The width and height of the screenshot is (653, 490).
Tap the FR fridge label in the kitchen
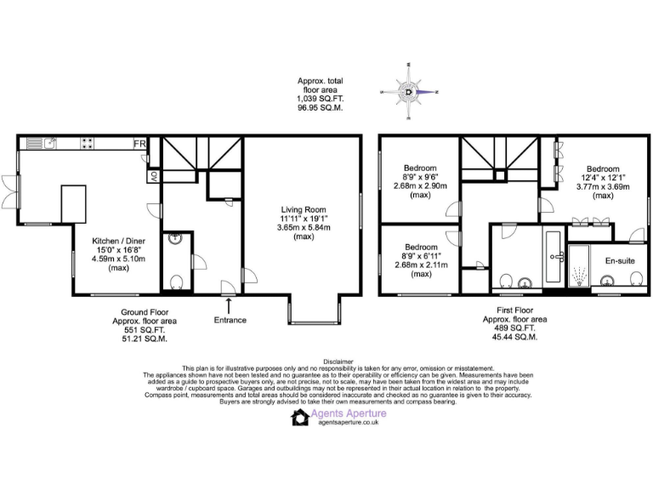click(x=139, y=144)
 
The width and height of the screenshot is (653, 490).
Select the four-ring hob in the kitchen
click(x=87, y=143)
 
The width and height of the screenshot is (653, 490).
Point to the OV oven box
click(x=154, y=177)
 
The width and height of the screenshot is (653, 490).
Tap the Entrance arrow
click(x=228, y=304)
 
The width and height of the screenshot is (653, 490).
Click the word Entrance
click(x=230, y=320)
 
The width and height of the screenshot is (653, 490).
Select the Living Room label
click(x=304, y=209)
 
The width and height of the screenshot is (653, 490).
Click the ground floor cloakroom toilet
click(x=177, y=282)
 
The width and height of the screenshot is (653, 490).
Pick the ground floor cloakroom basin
click(x=175, y=239)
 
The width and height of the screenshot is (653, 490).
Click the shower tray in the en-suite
click(x=580, y=270)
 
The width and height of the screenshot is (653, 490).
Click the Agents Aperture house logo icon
click(x=300, y=417)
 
